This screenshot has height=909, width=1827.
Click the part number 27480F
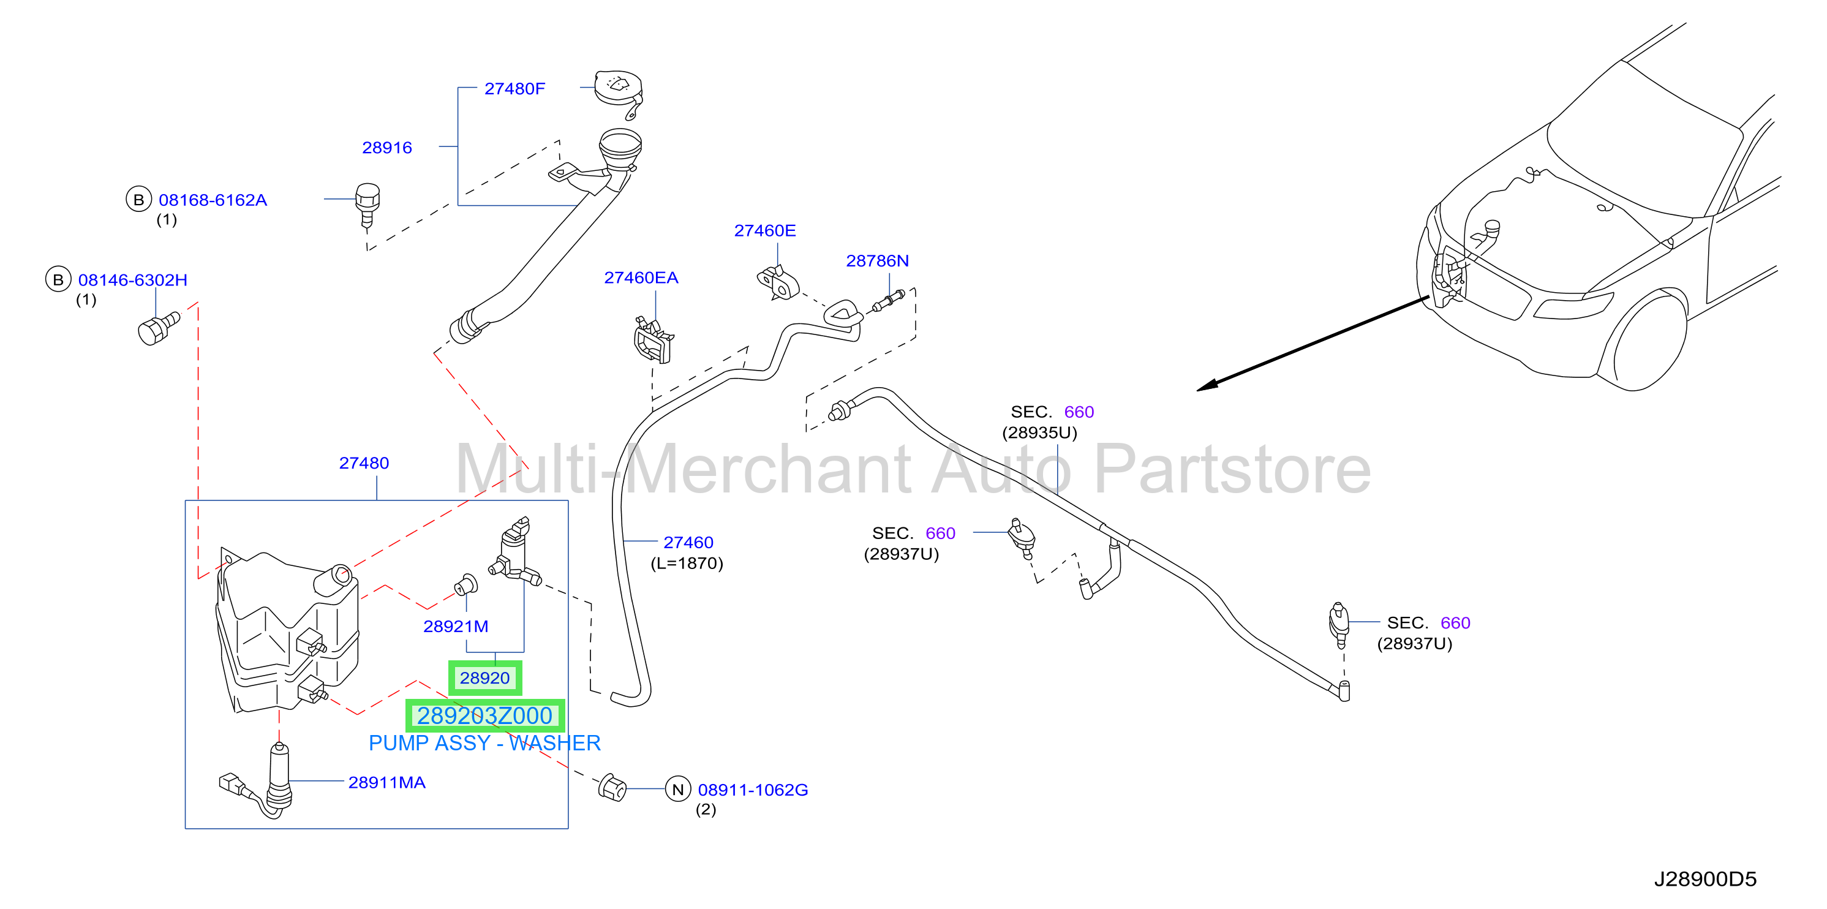pos(514,89)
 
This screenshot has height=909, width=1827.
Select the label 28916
pos(386,148)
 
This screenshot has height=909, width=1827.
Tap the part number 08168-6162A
pos(213,200)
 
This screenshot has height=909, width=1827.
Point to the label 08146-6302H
pos(133,280)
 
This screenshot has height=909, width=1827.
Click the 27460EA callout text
pos(641,277)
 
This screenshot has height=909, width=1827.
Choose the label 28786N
pos(877,261)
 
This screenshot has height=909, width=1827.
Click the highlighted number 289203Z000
pos(484,716)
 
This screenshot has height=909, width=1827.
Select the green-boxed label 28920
pos(485,678)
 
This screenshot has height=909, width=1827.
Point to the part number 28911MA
pos(386,782)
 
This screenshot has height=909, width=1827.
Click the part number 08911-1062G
pos(753,790)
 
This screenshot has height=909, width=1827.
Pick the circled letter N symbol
pos(678,789)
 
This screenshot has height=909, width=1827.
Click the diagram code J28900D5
pos(1705,879)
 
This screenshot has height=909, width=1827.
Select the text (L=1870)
pos(687,563)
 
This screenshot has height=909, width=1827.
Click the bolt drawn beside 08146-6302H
pos(159,328)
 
